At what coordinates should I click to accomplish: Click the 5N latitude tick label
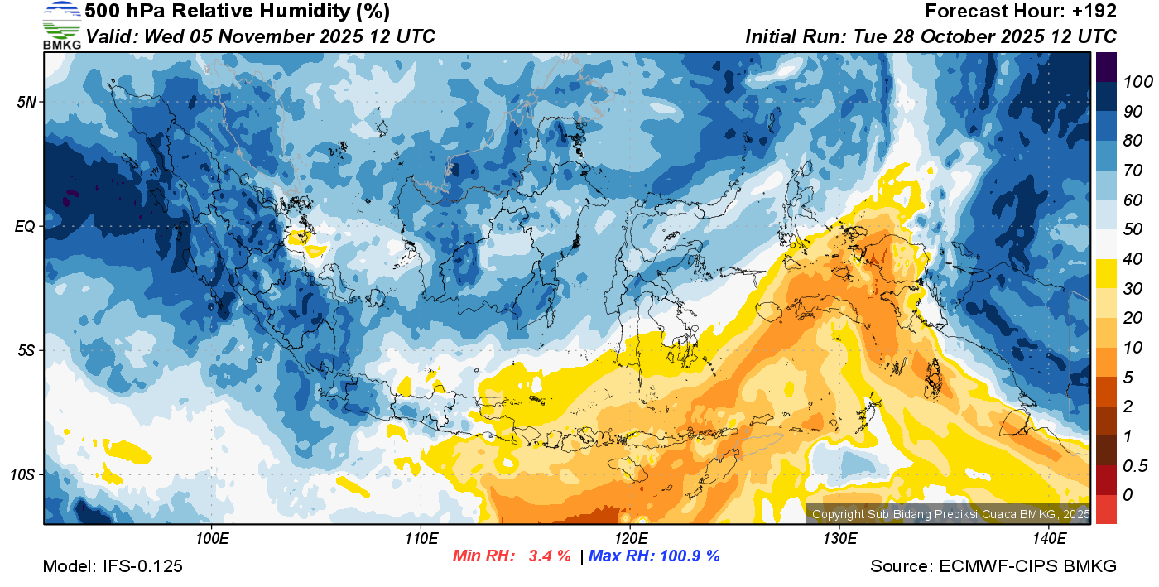(26, 102)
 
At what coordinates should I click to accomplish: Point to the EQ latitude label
(25, 226)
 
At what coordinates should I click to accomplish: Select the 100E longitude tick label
(212, 539)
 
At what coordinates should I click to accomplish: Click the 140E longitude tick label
(1049, 539)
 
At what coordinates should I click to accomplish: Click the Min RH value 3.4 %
(549, 556)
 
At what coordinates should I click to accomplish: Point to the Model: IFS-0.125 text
(113, 566)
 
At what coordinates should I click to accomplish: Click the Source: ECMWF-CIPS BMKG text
(993, 566)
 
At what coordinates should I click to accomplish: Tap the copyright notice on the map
(950, 514)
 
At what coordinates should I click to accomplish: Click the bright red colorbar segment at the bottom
(1106, 509)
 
